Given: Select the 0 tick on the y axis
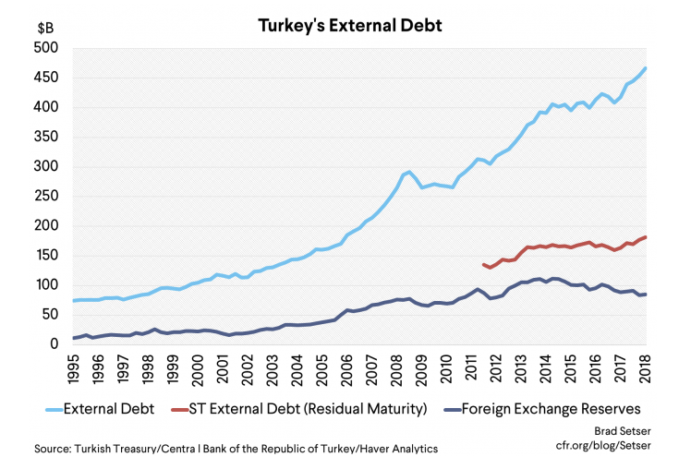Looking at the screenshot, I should (56, 344).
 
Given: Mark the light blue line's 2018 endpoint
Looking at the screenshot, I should (645, 67).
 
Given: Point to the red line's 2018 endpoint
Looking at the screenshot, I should (645, 237).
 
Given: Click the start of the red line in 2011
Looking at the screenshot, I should (483, 264).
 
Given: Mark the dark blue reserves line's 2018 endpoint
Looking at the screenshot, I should (645, 295).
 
